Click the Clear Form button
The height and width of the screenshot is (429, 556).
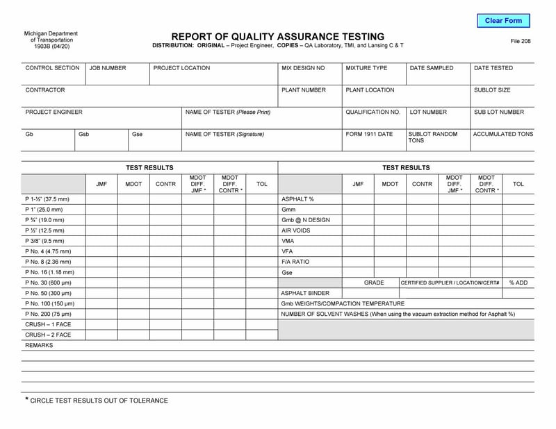click(503, 21)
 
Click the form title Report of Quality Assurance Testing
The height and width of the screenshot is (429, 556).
click(277, 36)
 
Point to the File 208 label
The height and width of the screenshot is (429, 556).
click(520, 42)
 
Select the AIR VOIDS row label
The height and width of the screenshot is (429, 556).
click(295, 230)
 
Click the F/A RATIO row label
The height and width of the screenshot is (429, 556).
click(295, 262)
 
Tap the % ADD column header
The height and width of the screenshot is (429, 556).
click(518, 283)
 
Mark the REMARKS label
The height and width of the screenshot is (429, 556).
click(39, 345)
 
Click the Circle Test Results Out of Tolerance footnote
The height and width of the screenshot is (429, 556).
click(97, 401)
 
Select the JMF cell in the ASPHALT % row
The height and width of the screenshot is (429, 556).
click(358, 199)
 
